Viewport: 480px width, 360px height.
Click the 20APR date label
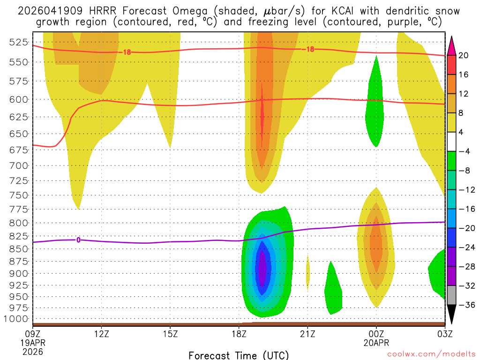[376, 342]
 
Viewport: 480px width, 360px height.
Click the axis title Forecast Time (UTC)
[239, 355]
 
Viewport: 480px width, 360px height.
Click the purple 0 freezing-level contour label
[78, 240]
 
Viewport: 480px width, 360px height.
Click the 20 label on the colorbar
[464, 55]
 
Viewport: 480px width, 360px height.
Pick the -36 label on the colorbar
[465, 305]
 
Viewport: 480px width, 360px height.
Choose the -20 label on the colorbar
[465, 228]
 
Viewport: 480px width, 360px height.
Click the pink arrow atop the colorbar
[452, 45]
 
